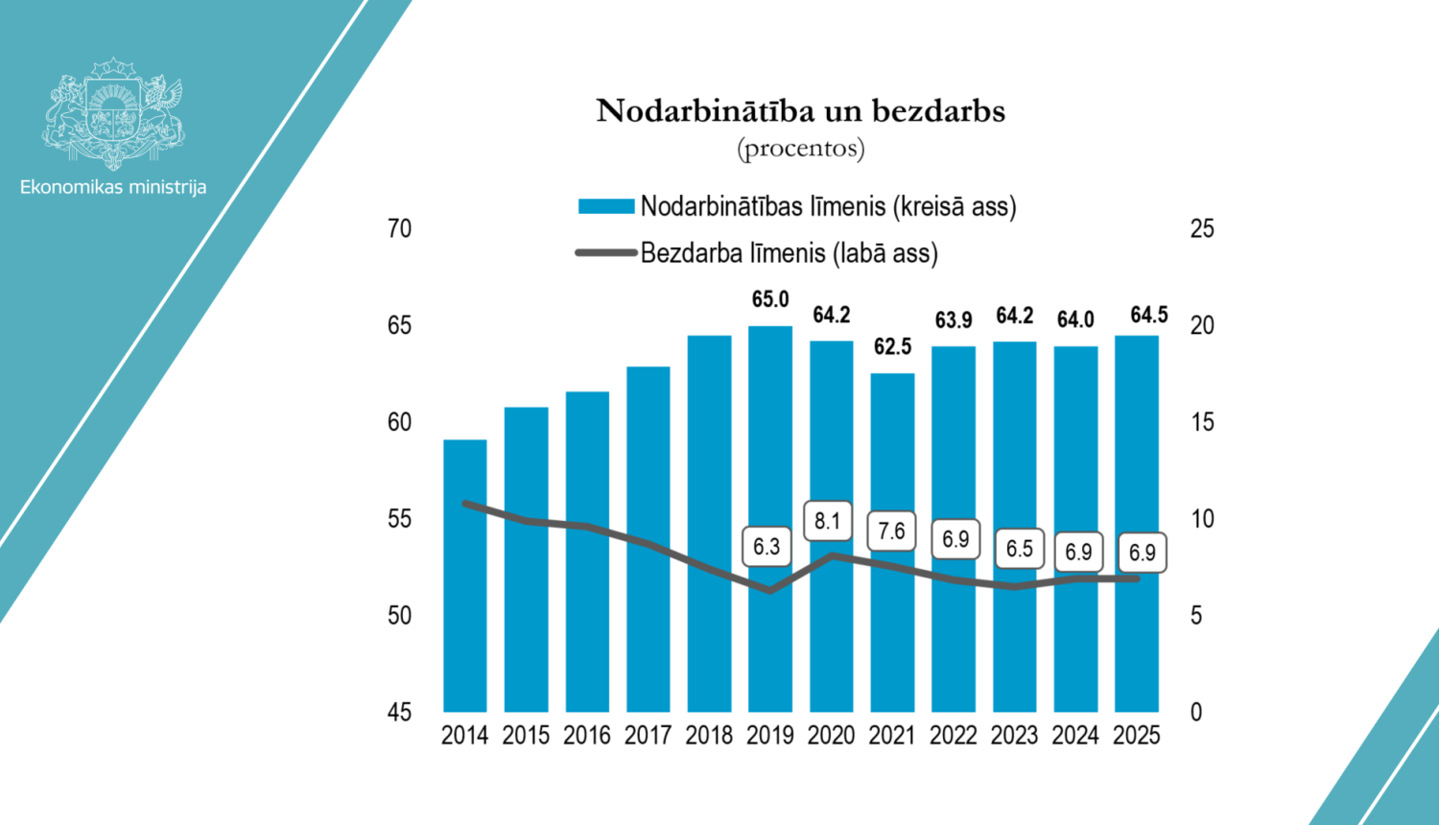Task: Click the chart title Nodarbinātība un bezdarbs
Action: (800, 111)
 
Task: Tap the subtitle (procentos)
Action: (800, 149)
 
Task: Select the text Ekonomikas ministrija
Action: (113, 187)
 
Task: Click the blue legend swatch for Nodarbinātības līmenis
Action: (605, 206)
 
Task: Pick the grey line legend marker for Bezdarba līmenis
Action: (605, 253)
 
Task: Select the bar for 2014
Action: (465, 576)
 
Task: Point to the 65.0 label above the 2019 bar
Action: (770, 299)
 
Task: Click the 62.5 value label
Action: (892, 346)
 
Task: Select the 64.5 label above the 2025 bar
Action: (1148, 316)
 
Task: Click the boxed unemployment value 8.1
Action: (827, 521)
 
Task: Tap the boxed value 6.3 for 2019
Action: (767, 547)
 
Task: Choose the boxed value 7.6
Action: (891, 531)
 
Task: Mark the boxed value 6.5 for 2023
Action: (1019, 549)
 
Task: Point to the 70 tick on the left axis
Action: (399, 228)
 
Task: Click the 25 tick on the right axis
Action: (1201, 228)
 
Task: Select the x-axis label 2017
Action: (648, 736)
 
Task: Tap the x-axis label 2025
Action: (1136, 736)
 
